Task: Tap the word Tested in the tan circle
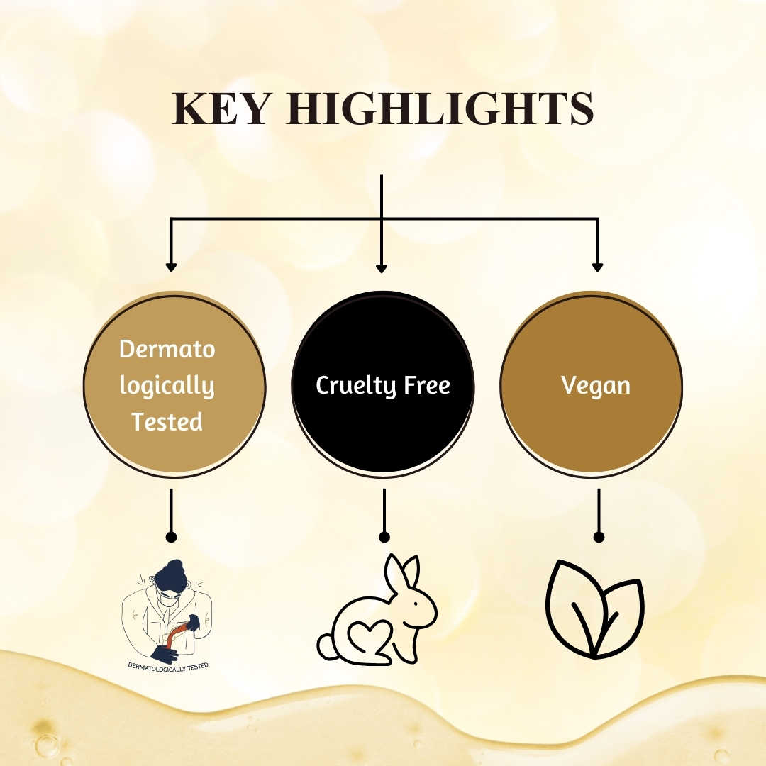167,422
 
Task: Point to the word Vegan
596,385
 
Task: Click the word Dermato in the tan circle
167,349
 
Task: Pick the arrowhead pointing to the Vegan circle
597,267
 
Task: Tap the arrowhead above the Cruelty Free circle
382,268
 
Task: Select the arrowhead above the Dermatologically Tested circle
170,267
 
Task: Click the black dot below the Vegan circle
599,537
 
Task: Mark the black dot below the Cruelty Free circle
384,537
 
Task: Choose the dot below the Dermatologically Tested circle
170,537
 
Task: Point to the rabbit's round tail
326,646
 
